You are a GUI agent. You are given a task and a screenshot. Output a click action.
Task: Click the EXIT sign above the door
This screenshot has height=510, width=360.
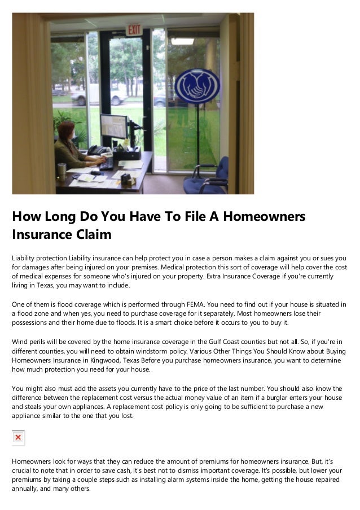coord(134,29)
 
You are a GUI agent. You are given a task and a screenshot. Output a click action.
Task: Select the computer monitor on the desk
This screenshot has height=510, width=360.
coord(113,127)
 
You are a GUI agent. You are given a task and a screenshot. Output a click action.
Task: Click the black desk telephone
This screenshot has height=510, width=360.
coord(99,151)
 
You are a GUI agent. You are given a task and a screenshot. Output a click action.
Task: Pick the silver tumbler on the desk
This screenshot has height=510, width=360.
coord(62,171)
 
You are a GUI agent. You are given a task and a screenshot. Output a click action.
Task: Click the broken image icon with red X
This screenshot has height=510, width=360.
coord(19,438)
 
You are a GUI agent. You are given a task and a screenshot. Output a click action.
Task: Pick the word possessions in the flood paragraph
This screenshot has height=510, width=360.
coord(32,322)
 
